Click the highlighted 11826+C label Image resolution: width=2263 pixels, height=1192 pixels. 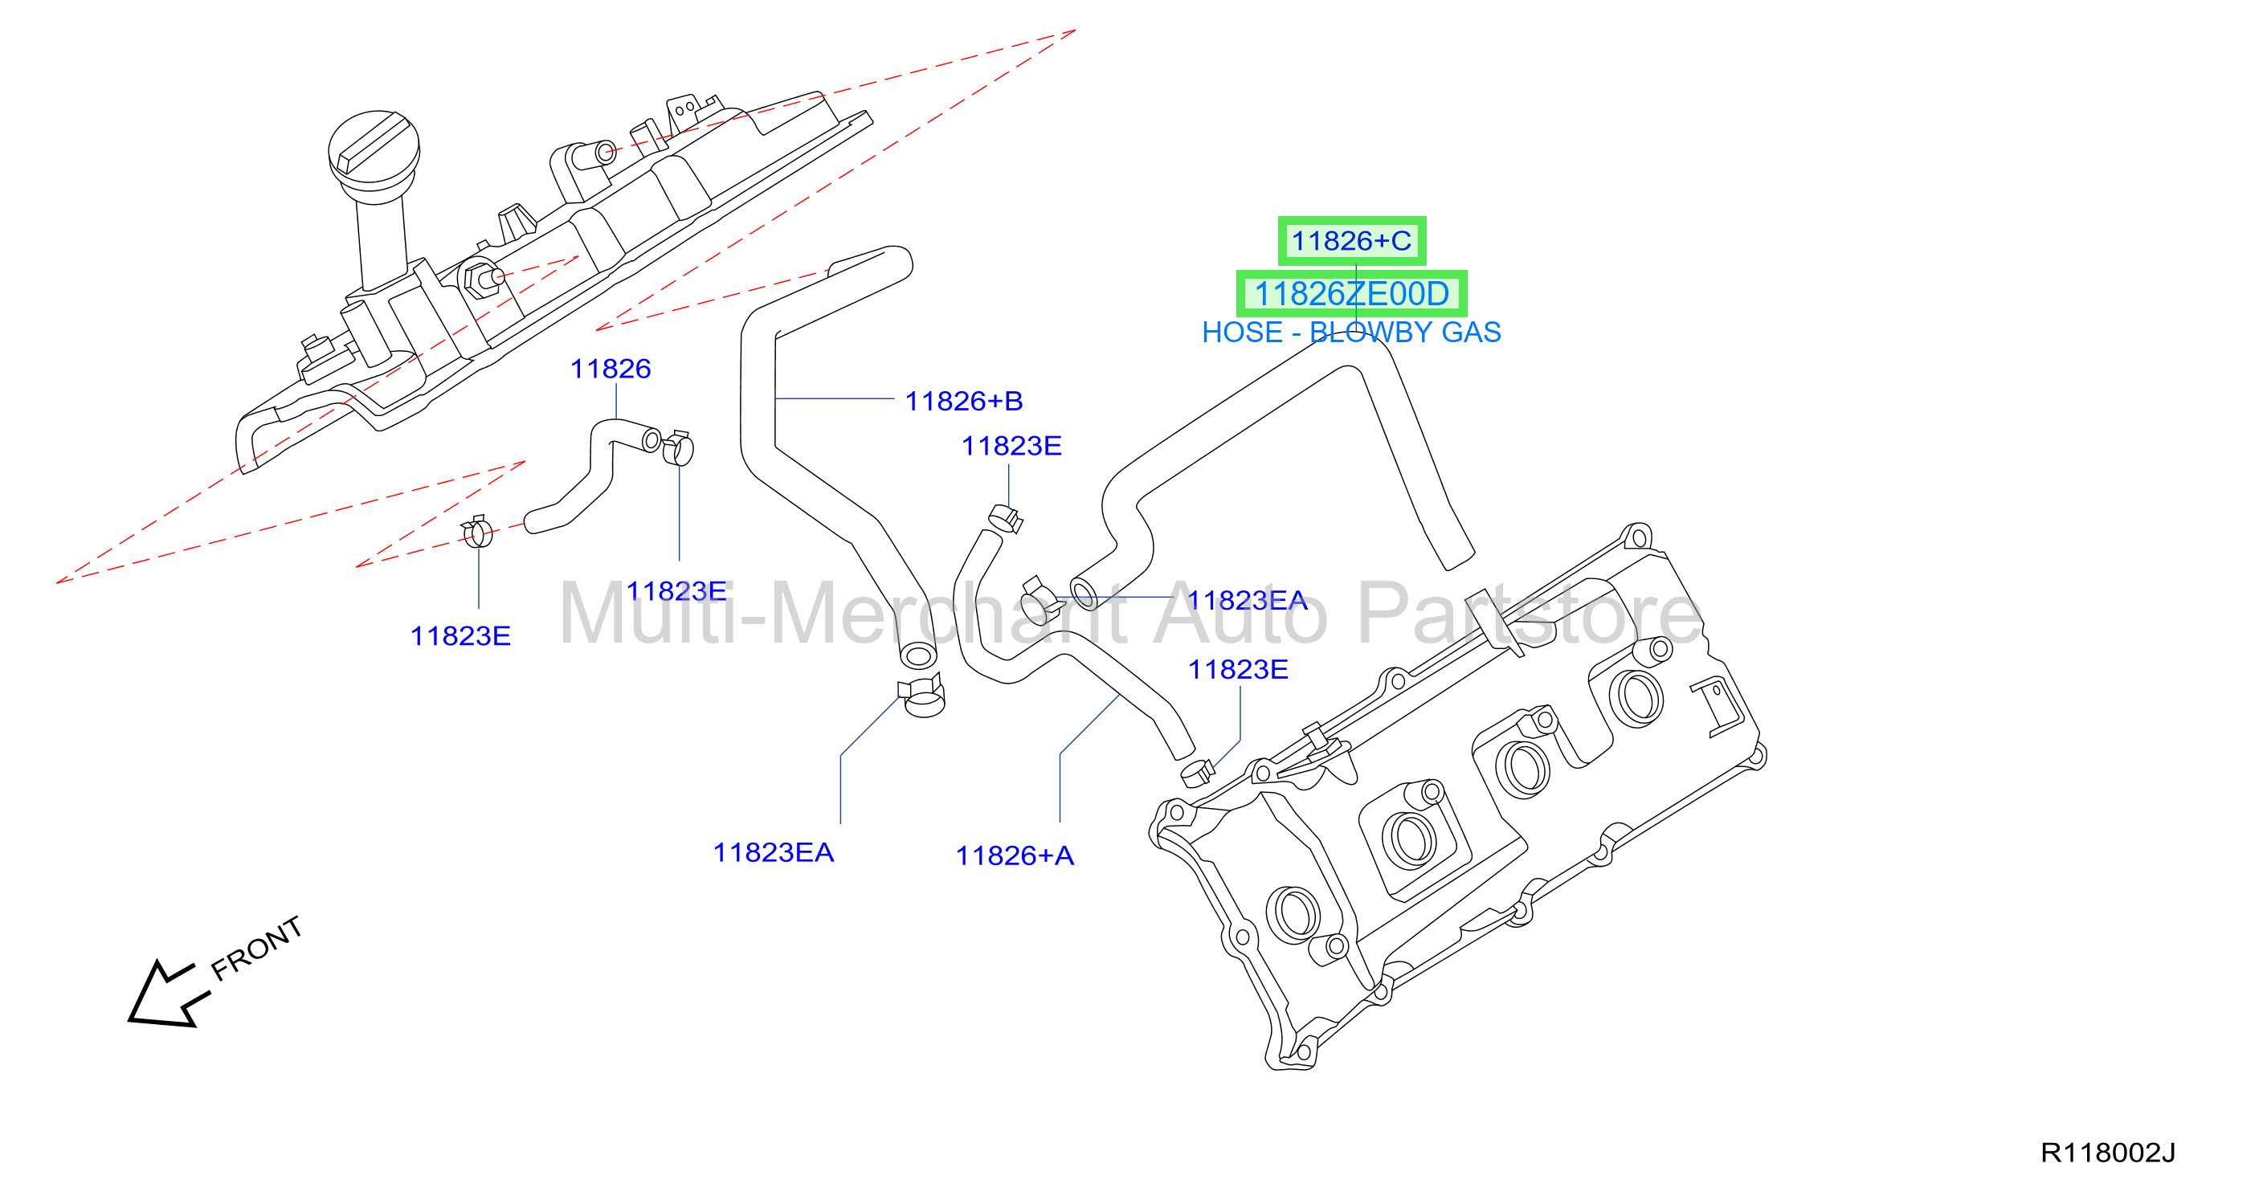[1351, 241]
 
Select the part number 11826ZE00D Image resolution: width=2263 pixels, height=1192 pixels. [1351, 293]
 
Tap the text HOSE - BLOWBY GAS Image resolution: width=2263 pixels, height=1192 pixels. [1351, 332]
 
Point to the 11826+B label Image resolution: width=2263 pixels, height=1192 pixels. [964, 402]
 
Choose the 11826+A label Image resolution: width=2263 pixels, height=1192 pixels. [1015, 855]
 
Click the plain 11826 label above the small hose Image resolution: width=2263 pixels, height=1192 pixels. [611, 369]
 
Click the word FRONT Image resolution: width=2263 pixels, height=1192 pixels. [256, 949]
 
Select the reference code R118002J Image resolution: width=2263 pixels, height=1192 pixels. [2107, 1153]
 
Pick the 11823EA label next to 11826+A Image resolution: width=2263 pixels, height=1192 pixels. [773, 853]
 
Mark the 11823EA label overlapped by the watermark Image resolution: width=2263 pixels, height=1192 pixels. [1248, 601]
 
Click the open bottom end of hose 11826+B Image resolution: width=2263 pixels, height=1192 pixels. [918, 655]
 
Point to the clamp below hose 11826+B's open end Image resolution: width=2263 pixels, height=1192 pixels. [921, 696]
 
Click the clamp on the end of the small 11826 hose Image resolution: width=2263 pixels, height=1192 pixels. [678, 448]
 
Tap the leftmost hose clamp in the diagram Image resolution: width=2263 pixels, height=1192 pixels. [477, 532]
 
